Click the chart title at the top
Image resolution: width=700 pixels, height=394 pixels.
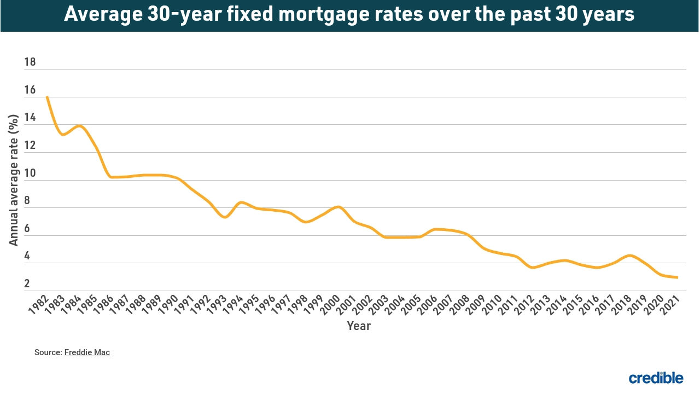(x=349, y=15)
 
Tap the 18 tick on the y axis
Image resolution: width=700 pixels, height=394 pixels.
(x=30, y=62)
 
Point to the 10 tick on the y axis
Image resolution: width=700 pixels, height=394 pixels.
(x=30, y=173)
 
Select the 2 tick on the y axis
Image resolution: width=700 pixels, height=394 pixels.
(x=27, y=284)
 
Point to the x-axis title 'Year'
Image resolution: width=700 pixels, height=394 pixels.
(x=359, y=326)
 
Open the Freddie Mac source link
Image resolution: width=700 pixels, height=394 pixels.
(x=87, y=352)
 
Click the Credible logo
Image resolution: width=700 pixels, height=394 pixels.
(x=656, y=378)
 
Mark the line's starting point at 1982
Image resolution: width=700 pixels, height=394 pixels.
(x=47, y=97)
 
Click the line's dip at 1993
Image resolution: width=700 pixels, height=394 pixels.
(x=225, y=217)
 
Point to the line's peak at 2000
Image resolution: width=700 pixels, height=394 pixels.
(x=339, y=206)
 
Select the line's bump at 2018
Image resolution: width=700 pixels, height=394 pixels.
(x=630, y=256)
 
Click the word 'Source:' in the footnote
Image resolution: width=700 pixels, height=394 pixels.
(x=48, y=352)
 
